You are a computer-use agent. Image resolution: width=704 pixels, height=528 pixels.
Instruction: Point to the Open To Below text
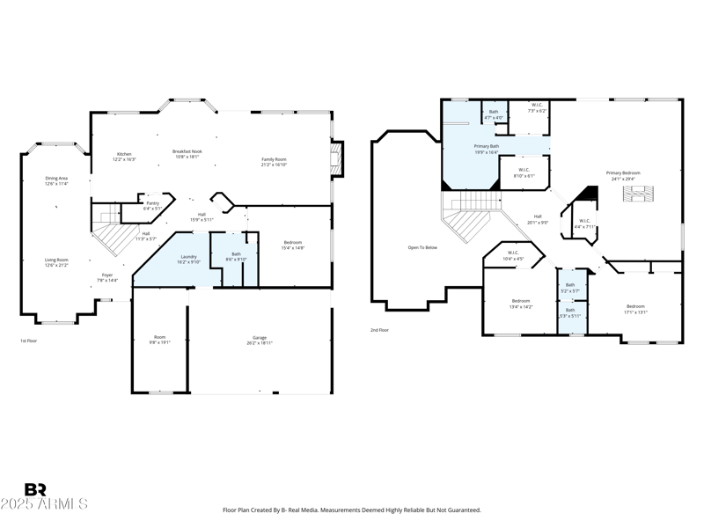click(x=422, y=247)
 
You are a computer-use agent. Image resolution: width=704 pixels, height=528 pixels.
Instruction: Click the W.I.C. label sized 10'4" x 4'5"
click(x=513, y=256)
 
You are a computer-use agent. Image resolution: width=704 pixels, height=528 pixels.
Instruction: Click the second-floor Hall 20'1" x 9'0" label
click(x=537, y=219)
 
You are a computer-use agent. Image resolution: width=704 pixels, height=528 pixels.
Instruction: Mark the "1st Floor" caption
click(x=29, y=341)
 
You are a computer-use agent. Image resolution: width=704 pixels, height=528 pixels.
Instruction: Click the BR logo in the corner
click(x=35, y=489)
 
